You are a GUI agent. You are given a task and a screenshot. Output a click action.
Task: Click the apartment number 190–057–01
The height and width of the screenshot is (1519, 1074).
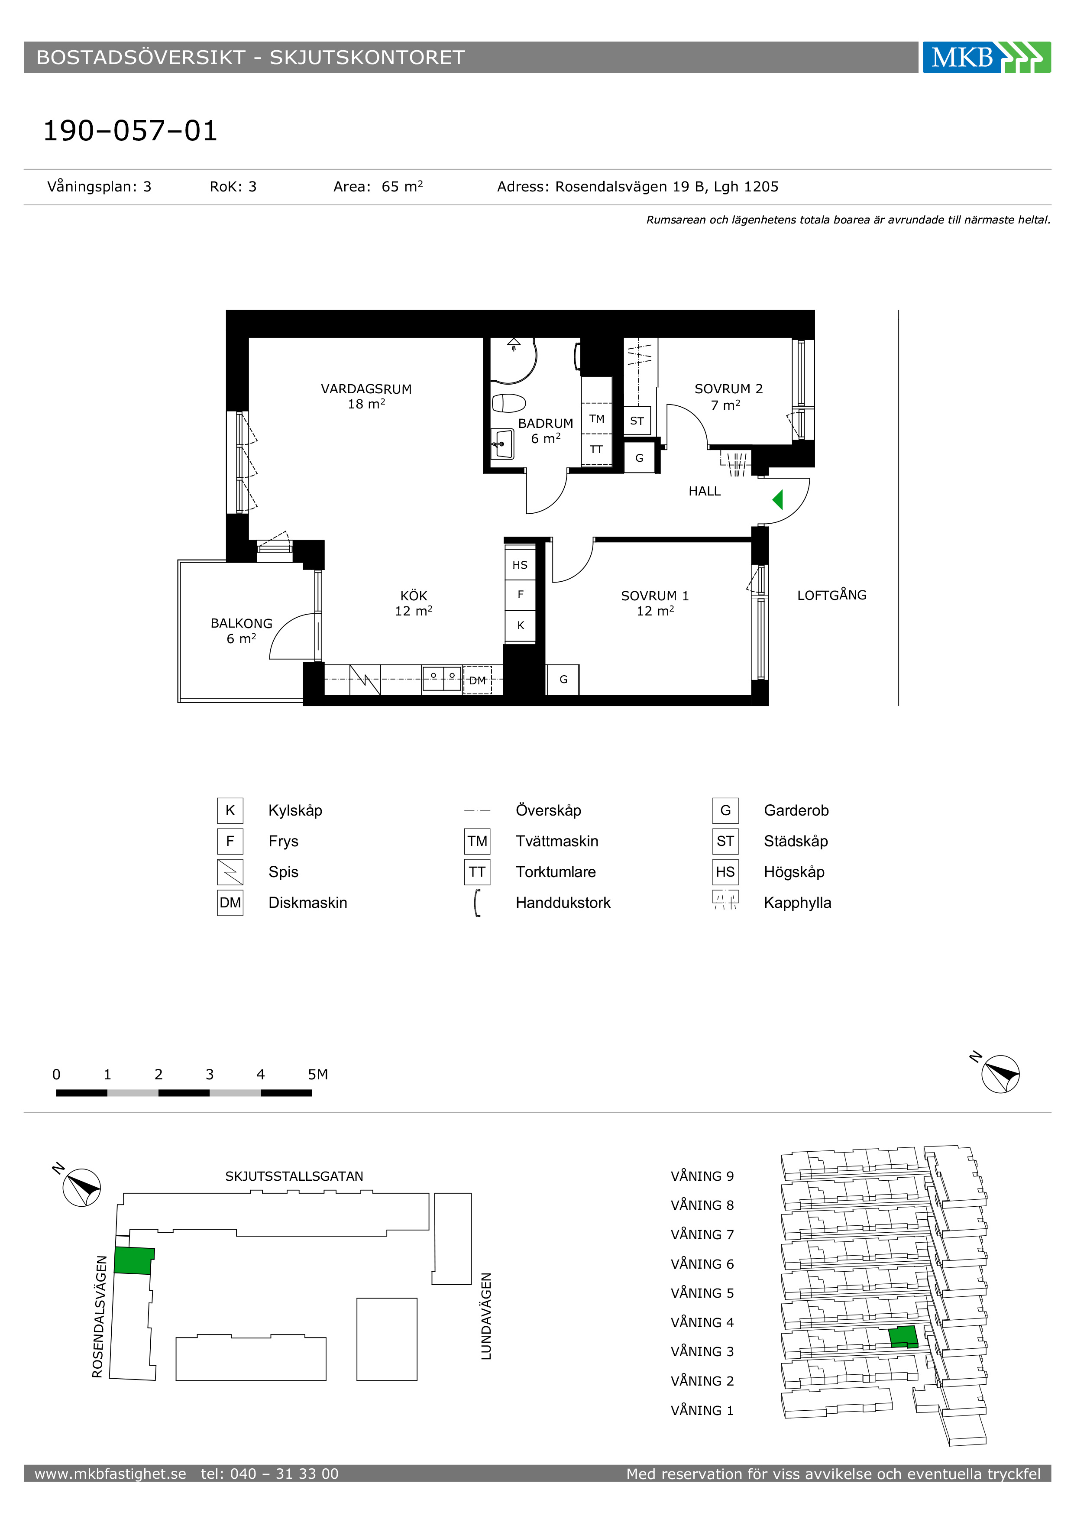[130, 131]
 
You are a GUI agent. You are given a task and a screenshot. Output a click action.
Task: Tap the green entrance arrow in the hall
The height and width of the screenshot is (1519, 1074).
[778, 499]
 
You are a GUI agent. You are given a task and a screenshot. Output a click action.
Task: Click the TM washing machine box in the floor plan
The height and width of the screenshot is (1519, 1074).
[596, 419]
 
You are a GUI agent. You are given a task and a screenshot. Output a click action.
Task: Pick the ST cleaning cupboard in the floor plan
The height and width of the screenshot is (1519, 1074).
[637, 421]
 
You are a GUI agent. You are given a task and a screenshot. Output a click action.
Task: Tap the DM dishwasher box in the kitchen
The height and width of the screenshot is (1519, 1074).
[478, 680]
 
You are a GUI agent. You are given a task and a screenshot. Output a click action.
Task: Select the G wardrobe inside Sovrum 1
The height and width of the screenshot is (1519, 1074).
[563, 680]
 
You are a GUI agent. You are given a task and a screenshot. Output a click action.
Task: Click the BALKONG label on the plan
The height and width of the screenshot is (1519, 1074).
[241, 623]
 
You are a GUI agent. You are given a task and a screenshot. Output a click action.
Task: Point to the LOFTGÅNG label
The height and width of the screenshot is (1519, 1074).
[831, 594]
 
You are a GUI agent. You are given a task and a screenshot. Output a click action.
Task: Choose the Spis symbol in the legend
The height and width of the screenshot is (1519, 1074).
[230, 872]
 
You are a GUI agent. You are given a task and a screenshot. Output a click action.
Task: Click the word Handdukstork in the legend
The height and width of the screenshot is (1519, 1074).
[563, 902]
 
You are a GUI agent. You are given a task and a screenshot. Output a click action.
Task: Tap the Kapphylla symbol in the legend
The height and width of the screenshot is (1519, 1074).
[725, 900]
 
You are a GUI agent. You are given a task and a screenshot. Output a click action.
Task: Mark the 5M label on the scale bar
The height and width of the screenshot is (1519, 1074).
[317, 1075]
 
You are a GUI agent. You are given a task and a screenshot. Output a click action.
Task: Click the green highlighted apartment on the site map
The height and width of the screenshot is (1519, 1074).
[133, 1261]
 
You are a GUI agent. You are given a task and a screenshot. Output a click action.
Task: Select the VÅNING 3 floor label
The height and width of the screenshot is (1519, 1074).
[702, 1352]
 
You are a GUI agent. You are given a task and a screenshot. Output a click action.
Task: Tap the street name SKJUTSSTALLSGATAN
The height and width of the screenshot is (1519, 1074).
[294, 1176]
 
